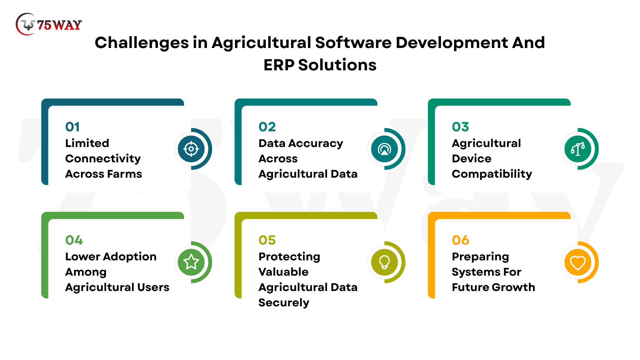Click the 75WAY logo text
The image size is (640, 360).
(x=59, y=25)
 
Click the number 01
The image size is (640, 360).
(x=72, y=127)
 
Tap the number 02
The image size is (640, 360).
(x=267, y=127)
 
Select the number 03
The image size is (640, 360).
(x=460, y=127)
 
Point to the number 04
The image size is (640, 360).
(x=74, y=240)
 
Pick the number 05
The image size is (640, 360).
(x=267, y=240)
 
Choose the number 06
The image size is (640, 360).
(x=460, y=240)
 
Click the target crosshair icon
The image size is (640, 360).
(x=191, y=149)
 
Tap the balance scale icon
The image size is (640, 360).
(x=578, y=149)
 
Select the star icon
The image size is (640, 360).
(x=191, y=262)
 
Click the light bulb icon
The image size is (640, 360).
(x=384, y=262)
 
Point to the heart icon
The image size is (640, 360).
(x=578, y=263)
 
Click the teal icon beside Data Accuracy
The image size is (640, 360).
(x=384, y=149)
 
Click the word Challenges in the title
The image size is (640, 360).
(x=142, y=43)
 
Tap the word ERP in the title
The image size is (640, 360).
(x=279, y=65)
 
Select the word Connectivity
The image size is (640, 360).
(x=103, y=159)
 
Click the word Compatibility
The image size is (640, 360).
(x=492, y=174)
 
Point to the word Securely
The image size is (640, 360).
(x=284, y=303)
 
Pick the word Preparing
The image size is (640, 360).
(x=480, y=257)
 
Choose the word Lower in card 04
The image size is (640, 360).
(x=82, y=257)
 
